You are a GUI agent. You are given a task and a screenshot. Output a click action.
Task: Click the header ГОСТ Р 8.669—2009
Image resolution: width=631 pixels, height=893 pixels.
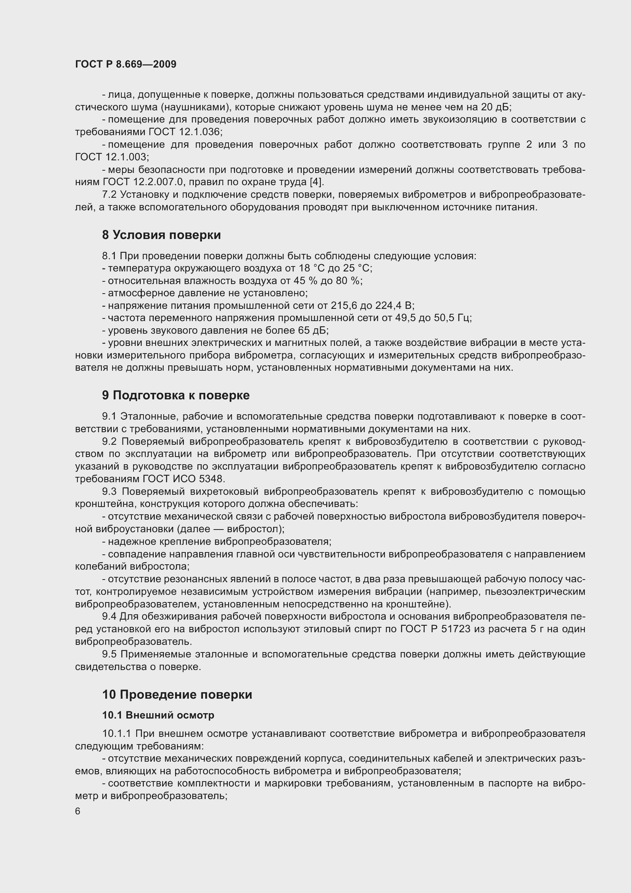point(126,64)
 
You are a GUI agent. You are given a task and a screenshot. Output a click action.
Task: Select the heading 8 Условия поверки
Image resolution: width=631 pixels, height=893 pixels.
point(161,235)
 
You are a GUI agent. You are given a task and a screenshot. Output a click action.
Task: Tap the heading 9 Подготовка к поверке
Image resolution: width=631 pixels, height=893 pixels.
point(175,396)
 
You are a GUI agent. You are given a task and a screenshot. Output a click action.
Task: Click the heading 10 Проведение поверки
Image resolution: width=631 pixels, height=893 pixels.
point(177,694)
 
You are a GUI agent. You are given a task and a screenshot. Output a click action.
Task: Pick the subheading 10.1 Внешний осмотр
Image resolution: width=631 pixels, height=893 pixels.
point(158,715)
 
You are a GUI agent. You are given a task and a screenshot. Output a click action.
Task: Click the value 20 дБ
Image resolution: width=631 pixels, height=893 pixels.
point(496,107)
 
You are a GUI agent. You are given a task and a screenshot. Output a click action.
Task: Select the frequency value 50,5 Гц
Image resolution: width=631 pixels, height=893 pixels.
point(452,318)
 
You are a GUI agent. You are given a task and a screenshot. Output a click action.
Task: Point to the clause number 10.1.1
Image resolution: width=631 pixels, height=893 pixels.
point(118,734)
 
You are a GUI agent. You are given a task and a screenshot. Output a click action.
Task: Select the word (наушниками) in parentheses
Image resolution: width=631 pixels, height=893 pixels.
point(195,107)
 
